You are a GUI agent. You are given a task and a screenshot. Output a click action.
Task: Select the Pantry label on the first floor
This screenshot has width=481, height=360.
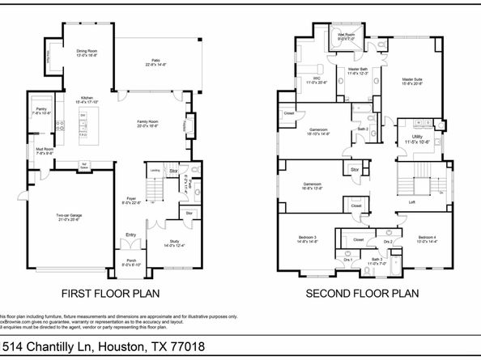click(x=40, y=108)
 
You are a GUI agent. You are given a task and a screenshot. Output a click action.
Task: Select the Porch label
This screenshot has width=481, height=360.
click(x=130, y=260)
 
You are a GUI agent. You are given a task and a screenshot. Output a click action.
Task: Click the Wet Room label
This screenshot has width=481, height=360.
click(x=347, y=35)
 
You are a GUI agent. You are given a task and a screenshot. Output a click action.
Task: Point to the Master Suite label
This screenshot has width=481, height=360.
click(x=412, y=79)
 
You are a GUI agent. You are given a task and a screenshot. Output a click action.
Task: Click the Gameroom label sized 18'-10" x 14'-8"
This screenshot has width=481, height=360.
click(x=317, y=129)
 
